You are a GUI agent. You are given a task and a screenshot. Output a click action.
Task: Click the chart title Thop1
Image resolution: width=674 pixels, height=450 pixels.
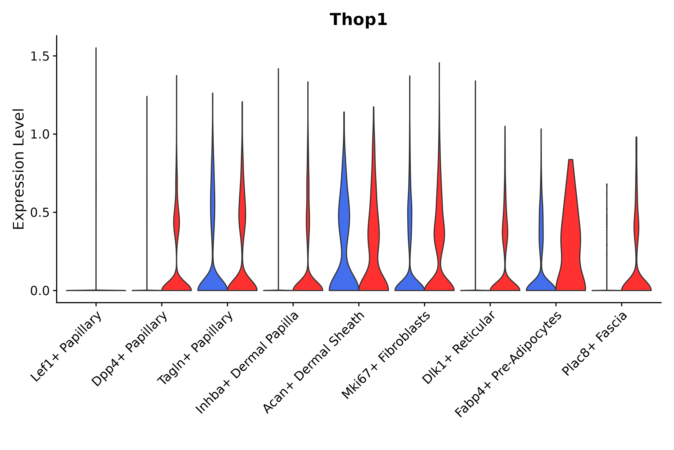(x=358, y=20)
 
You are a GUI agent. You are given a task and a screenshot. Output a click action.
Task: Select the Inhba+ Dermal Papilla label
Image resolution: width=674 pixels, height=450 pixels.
(x=247, y=363)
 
